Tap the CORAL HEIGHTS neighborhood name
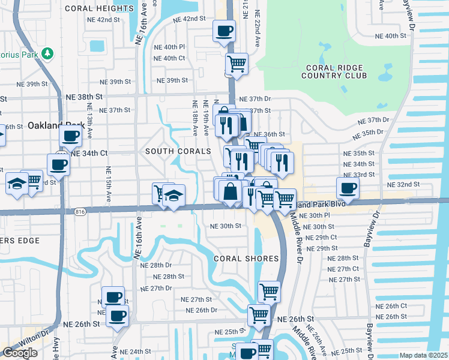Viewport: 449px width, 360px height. [x=99, y=8]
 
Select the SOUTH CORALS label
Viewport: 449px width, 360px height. [x=178, y=151]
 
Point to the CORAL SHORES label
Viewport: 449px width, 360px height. [x=247, y=258]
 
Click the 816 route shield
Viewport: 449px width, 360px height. [x=80, y=212]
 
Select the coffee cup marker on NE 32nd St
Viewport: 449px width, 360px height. [x=348, y=188]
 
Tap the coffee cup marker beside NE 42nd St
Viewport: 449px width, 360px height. [x=224, y=31]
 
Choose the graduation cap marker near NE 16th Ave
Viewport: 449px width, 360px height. [x=173, y=196]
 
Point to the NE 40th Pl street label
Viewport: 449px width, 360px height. [x=169, y=47]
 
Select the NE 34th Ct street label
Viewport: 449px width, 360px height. [x=89, y=153]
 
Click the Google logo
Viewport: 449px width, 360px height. [x=19, y=353]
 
